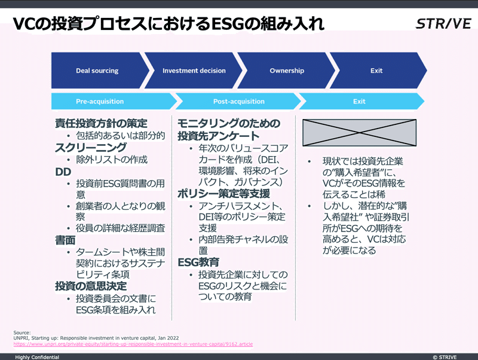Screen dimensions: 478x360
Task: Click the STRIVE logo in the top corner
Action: click(443, 24)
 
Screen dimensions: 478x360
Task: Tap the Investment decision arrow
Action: click(194, 71)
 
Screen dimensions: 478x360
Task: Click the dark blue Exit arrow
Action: click(378, 71)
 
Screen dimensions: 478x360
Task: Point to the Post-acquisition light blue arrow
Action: click(238, 101)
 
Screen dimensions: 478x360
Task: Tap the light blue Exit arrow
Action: click(362, 101)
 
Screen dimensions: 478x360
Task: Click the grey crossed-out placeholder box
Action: click(360, 133)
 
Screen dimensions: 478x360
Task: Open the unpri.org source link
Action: click(133, 344)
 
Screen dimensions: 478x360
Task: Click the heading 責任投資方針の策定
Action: click(101, 123)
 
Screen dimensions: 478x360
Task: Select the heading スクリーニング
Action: click(91, 147)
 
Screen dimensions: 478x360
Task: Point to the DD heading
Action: click(63, 172)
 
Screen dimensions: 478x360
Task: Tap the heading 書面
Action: click(65, 240)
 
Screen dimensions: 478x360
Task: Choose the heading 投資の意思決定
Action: click(91, 286)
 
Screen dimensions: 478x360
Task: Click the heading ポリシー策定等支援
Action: click(223, 194)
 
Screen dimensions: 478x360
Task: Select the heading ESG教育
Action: click(198, 262)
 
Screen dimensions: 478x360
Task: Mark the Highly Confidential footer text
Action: click(37, 357)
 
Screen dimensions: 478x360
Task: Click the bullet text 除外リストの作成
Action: click(112, 160)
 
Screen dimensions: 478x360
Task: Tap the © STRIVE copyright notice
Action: click(445, 357)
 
